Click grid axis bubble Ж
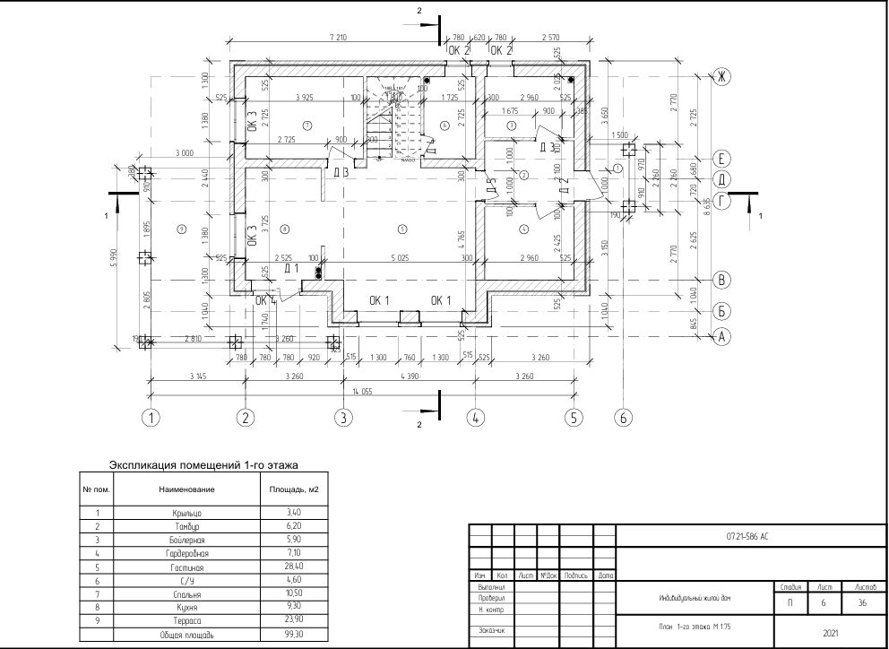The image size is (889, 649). [719, 77]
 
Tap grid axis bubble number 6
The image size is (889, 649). [625, 417]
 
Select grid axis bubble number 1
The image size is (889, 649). [152, 417]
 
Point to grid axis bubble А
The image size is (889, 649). [719, 337]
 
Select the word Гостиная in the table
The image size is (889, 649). [186, 567]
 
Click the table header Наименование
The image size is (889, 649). [187, 489]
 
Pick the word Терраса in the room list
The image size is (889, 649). [186, 620]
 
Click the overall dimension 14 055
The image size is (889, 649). [363, 391]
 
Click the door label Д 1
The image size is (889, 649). [291, 268]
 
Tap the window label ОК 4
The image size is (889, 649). [265, 300]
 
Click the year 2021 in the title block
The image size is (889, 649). [830, 633]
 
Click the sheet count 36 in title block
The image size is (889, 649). [861, 603]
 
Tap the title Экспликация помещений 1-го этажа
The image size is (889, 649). [203, 465]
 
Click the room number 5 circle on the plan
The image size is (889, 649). [402, 230]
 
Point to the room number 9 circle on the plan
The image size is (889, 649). [181, 230]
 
